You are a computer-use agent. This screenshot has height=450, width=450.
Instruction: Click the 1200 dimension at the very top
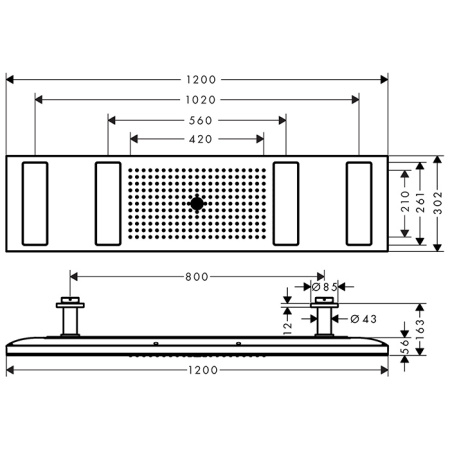(x=197, y=78)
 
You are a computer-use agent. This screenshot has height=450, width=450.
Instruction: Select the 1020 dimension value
(x=197, y=99)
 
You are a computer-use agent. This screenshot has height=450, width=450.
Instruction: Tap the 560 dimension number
(x=197, y=119)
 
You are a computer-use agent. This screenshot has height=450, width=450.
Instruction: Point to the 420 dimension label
(x=197, y=139)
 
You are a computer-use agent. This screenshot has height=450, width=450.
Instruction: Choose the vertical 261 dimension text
(x=423, y=204)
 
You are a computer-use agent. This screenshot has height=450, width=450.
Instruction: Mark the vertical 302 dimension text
(x=440, y=204)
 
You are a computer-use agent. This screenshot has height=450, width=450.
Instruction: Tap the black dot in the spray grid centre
(x=197, y=204)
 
